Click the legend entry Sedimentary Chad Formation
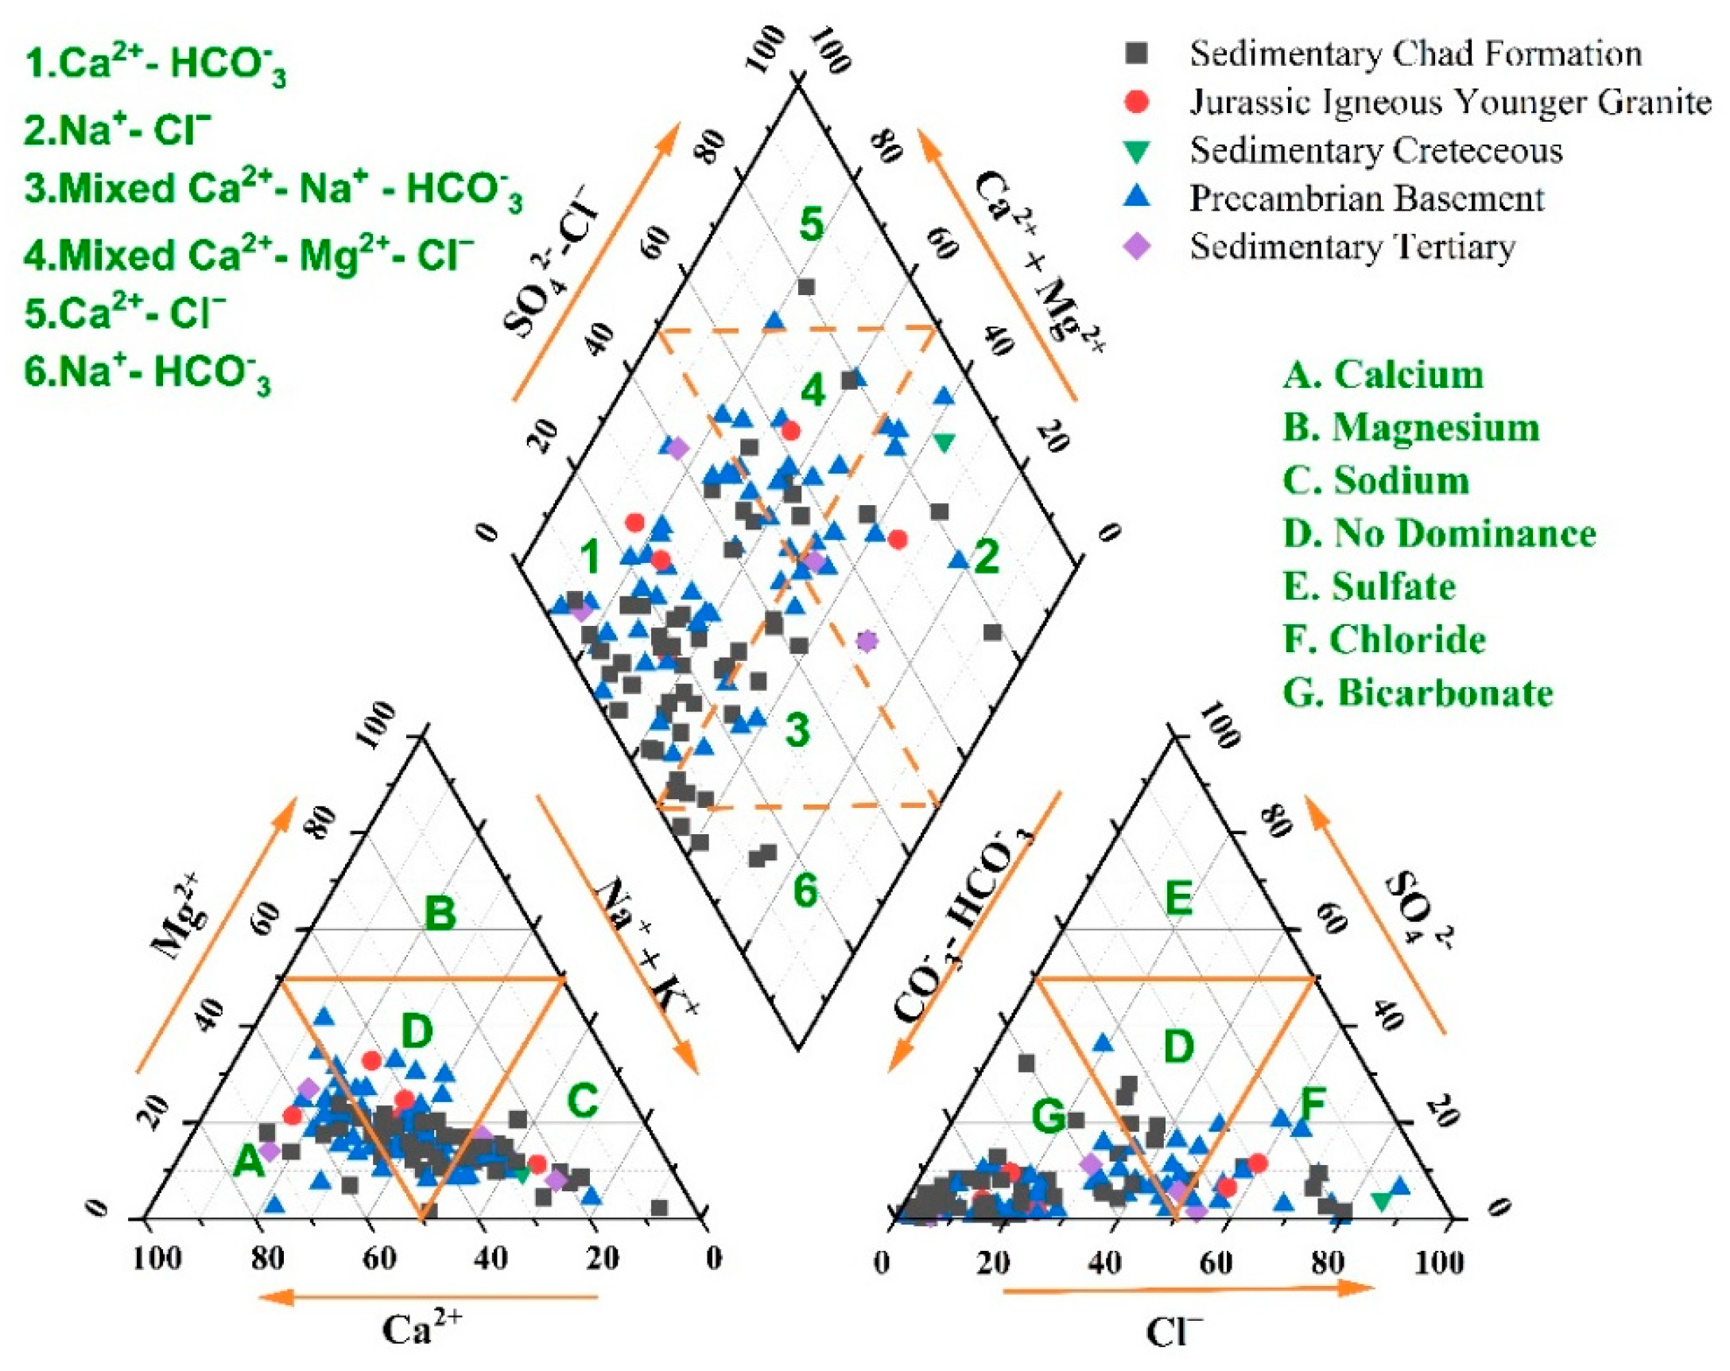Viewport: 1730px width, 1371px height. coord(1414,54)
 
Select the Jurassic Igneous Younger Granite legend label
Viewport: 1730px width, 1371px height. coord(1450,102)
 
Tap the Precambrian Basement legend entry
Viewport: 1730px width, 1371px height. coord(1367,198)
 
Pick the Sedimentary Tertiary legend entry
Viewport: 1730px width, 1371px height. coord(1352,247)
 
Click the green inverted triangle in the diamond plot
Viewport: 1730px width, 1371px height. coord(945,441)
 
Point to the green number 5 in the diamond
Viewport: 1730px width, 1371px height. coord(811,224)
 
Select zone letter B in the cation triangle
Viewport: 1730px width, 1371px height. coord(440,914)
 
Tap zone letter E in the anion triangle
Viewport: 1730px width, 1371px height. coord(1178,898)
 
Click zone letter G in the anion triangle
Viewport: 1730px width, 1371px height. coord(1048,1116)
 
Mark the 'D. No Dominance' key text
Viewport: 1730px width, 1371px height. coord(1440,533)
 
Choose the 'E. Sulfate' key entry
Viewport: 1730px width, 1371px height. coord(1369,586)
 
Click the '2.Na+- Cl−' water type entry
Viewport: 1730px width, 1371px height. coord(117,130)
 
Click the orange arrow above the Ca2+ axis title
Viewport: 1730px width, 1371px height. coord(428,1295)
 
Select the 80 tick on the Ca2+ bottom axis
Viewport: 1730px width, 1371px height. coord(267,1260)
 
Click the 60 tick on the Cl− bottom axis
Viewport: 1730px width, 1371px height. coord(1216,1262)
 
